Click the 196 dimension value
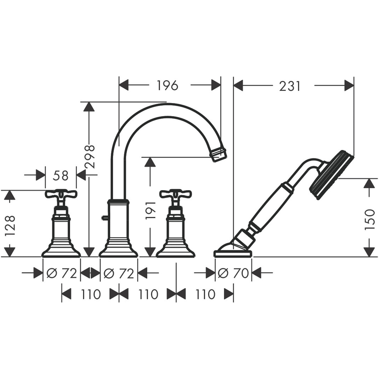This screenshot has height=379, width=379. click(x=168, y=85)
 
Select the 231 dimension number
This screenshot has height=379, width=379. click(x=290, y=86)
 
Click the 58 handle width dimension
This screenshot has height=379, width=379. click(x=61, y=176)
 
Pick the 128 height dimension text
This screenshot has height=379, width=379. click(x=9, y=225)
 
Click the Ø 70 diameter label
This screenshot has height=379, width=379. click(x=233, y=273)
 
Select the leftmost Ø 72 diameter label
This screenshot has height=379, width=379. click(x=62, y=273)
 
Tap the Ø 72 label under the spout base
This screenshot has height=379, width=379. click(x=119, y=273)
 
